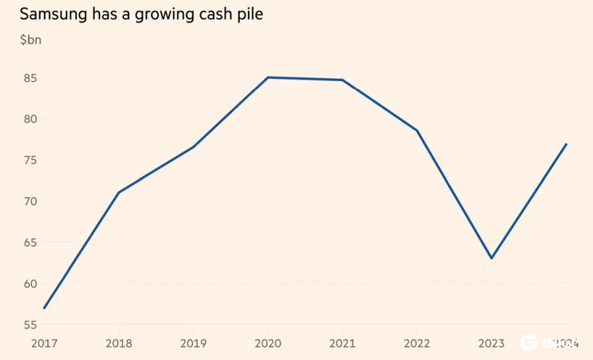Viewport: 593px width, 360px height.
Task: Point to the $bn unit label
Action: (30, 40)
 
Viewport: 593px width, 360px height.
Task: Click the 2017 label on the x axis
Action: (44, 343)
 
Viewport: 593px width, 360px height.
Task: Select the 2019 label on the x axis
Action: (193, 343)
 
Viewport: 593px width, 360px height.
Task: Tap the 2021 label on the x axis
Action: (342, 343)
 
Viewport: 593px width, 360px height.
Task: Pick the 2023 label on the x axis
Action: (491, 343)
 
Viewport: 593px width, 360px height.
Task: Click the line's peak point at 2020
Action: (268, 77)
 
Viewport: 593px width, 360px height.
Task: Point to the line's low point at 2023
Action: (491, 258)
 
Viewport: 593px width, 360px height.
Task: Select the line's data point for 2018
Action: (119, 193)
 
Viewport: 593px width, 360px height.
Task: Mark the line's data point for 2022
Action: (416, 131)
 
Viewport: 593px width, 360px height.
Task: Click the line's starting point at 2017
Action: (44, 308)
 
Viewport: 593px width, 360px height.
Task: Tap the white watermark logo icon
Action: (528, 343)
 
